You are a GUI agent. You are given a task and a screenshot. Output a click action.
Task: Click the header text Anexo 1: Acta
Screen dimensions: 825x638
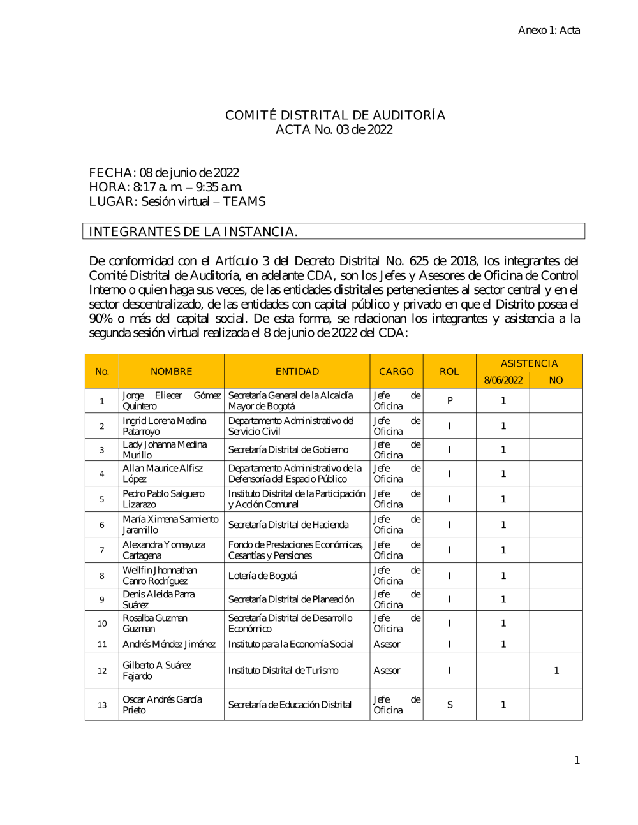click(x=549, y=30)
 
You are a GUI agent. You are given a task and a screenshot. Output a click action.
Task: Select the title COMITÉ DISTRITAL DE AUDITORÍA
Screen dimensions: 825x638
click(x=335, y=115)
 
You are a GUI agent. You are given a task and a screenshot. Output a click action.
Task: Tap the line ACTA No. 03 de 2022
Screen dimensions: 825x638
click(x=334, y=129)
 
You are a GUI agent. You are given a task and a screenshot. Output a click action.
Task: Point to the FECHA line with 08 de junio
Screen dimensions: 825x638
click(x=164, y=173)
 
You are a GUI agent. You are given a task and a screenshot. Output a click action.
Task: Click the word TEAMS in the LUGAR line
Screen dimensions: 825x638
click(x=244, y=201)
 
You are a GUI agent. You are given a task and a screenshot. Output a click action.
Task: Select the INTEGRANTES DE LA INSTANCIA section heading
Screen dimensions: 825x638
click(x=193, y=231)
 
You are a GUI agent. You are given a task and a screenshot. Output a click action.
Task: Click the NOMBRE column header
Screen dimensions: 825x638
click(x=171, y=371)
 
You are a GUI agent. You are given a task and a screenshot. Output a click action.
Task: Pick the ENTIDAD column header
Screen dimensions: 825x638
click(x=297, y=371)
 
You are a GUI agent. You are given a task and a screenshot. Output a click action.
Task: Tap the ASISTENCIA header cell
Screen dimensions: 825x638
click(x=529, y=363)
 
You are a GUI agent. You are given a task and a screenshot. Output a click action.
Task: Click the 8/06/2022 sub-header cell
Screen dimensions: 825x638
click(x=503, y=380)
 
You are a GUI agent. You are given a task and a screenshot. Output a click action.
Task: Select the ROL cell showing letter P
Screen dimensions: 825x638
click(x=450, y=401)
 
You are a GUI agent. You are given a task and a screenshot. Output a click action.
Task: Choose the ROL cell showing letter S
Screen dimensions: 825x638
click(x=450, y=705)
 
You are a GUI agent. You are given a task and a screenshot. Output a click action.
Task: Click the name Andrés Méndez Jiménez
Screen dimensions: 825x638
click(x=169, y=644)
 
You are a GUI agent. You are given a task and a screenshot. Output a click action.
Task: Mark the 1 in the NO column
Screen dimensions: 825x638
click(x=556, y=670)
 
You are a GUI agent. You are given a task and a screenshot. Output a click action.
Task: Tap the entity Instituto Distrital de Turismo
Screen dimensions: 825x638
click(x=283, y=670)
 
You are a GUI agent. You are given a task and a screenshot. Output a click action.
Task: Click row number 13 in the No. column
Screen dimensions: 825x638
click(x=102, y=705)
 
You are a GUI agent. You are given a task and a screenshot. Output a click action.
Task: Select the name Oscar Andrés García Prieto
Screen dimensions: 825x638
click(x=162, y=705)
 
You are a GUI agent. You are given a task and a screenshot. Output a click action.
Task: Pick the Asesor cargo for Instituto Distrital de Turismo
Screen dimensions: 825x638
click(x=387, y=670)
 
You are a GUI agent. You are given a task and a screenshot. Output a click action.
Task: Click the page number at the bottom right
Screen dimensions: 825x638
click(x=577, y=760)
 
